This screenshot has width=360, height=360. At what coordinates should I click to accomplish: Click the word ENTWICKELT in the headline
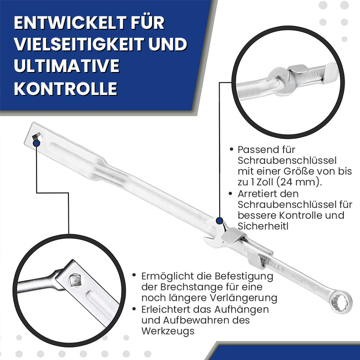pos(70,23)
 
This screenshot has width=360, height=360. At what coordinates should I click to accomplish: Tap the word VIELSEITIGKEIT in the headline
pos(79,44)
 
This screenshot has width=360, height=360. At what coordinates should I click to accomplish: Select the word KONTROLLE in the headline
pos(66,89)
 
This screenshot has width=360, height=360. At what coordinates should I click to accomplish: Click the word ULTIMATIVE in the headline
pos(67,66)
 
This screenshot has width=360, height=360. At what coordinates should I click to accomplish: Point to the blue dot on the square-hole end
pos(36,143)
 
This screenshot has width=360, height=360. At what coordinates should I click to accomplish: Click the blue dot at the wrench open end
pos(220,221)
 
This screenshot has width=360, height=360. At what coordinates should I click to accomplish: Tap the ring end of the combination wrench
pos(341,301)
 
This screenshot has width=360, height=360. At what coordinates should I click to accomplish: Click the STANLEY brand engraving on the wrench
pos(274,264)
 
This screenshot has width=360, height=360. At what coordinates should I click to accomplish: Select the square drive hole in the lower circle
pos(76,280)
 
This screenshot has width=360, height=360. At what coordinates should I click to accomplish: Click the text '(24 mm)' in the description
pos(299,182)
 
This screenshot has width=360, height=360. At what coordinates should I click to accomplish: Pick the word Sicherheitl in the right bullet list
pos(263,226)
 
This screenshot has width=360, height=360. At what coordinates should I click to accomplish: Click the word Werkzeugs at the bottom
pos(168,331)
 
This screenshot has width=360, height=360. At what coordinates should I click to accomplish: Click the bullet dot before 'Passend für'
pos(231,149)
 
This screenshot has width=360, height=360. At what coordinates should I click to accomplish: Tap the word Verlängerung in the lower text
pos(243,298)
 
